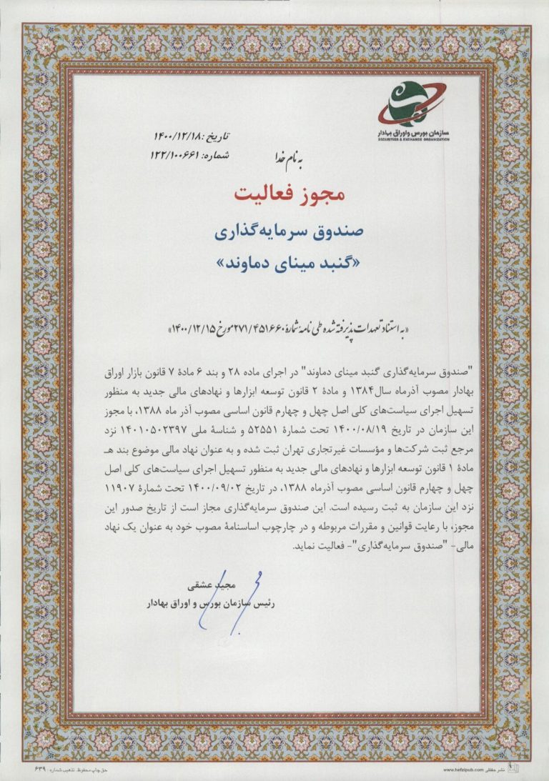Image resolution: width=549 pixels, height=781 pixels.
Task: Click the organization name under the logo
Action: pyautogui.click(x=414, y=134)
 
